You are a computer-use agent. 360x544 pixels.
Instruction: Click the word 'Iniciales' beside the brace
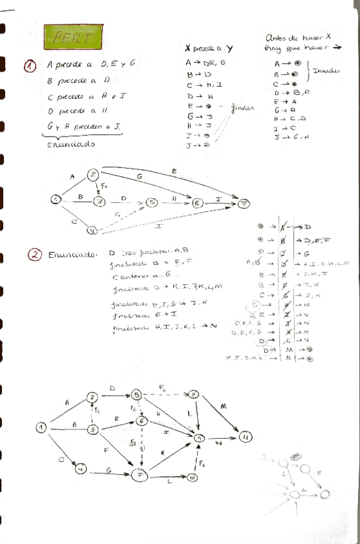tap(326, 72)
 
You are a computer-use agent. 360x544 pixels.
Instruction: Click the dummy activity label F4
tap(202, 463)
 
